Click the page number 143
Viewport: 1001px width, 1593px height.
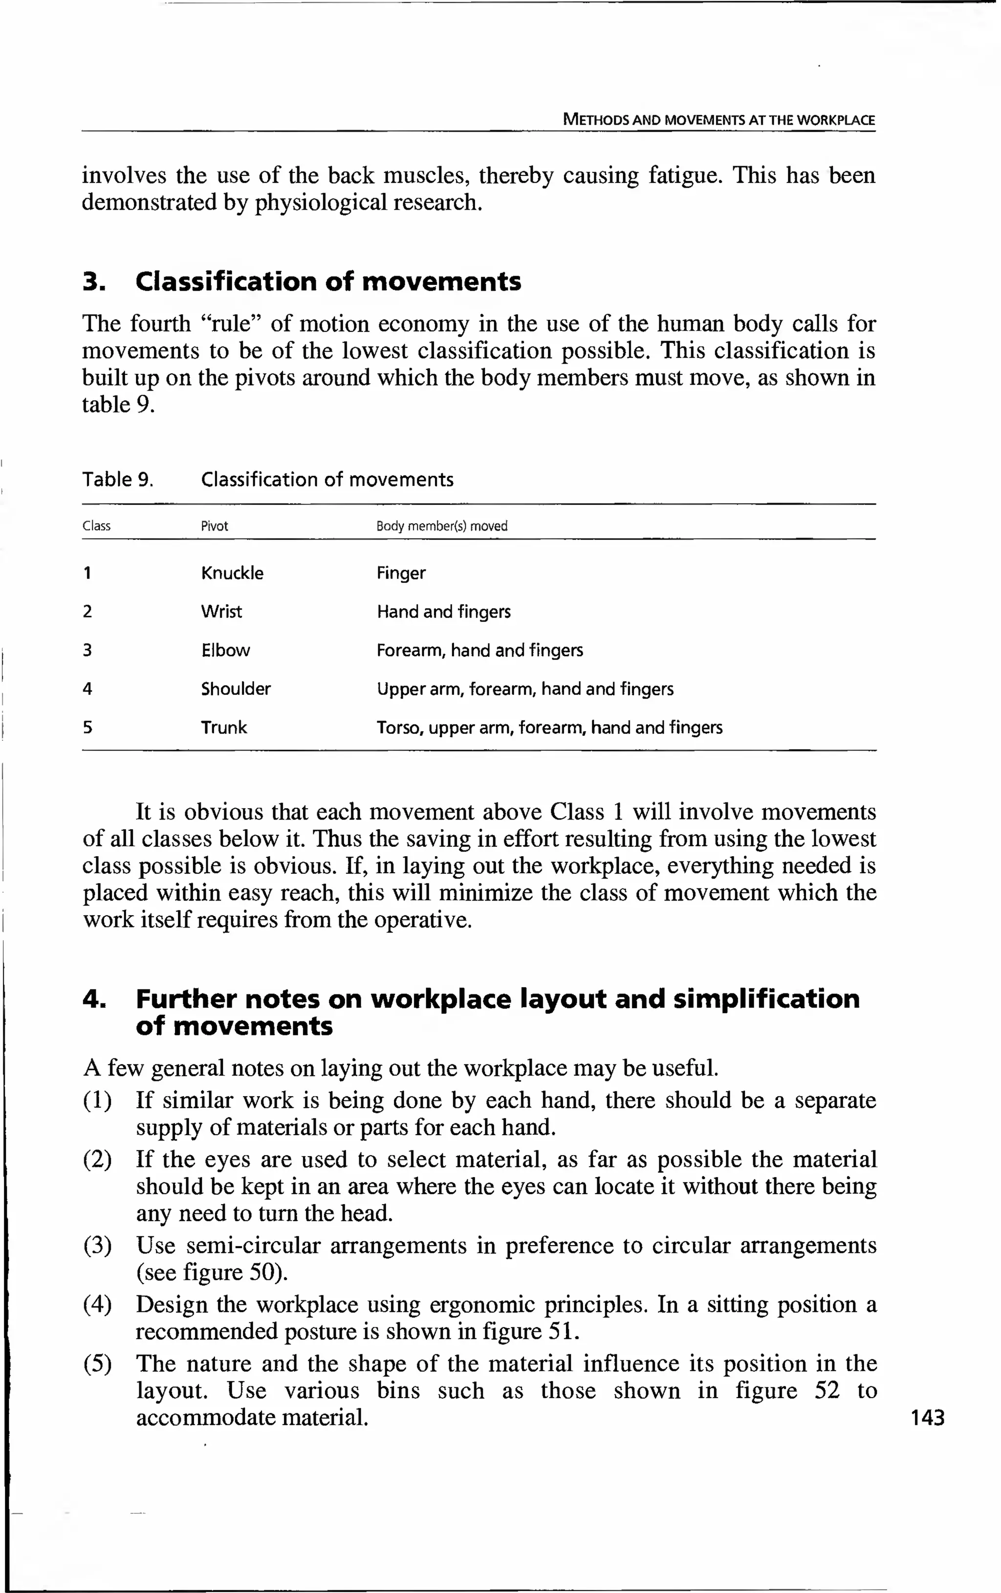click(x=928, y=1417)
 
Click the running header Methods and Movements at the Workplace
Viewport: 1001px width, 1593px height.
click(x=718, y=120)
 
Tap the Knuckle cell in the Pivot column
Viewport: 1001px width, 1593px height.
click(x=232, y=573)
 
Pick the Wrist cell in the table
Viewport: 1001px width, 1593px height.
click(x=221, y=611)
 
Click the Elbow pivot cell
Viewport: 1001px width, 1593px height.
click(x=226, y=650)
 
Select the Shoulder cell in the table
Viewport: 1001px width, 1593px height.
click(x=236, y=689)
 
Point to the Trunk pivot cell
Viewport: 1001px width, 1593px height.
click(x=224, y=728)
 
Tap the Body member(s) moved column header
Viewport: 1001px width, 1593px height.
click(x=441, y=526)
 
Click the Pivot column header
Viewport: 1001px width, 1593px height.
click(x=215, y=526)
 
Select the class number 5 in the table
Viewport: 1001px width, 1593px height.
click(x=87, y=728)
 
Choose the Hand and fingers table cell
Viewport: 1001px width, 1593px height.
click(x=443, y=611)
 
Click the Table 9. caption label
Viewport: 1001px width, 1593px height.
click(x=118, y=479)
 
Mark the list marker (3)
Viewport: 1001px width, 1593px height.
click(x=97, y=1246)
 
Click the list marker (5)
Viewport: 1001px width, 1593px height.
click(x=97, y=1363)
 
